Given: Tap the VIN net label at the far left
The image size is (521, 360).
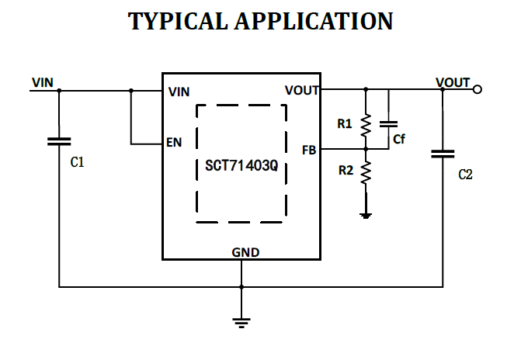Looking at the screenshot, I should (x=43, y=81).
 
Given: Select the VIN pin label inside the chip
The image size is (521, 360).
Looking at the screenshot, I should (x=179, y=92).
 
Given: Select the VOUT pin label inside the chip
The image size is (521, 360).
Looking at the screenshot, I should (x=302, y=91).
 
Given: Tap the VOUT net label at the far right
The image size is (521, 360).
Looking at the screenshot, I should (x=452, y=81).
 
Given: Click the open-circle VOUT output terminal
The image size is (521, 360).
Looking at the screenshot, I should (x=478, y=90).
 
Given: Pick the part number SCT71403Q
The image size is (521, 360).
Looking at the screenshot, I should (x=241, y=165).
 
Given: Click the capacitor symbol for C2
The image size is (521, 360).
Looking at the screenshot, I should (x=443, y=154).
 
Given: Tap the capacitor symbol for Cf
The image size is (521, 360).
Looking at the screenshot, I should (x=389, y=124).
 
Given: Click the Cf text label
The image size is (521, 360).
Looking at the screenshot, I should (x=398, y=140).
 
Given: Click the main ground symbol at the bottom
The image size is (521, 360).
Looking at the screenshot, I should (x=241, y=320).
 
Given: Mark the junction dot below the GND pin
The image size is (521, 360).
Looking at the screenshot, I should (x=241, y=286).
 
